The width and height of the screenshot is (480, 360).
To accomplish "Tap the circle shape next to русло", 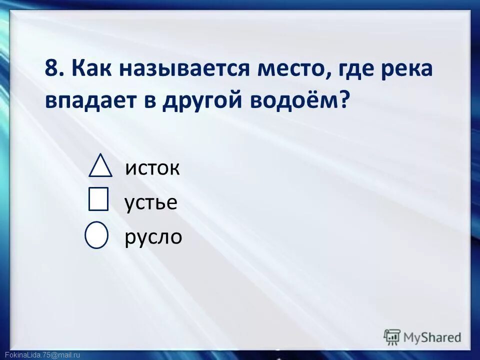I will click(96, 235).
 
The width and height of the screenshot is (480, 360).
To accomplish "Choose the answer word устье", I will click(150, 203).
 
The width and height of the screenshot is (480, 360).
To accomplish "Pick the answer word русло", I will click(153, 237).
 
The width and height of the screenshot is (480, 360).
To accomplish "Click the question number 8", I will click(52, 68).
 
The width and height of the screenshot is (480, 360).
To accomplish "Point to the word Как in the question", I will click(87, 68).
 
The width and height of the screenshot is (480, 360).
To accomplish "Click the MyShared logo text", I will click(432, 337).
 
